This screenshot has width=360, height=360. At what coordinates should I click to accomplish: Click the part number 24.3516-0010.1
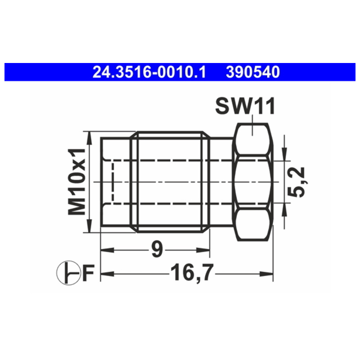(x=149, y=72)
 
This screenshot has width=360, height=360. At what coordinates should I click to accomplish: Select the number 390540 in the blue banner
(x=253, y=72)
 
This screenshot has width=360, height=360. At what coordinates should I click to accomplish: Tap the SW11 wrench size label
(x=245, y=106)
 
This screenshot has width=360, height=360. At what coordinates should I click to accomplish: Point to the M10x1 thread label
(x=76, y=182)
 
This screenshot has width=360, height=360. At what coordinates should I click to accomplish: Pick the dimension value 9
(x=157, y=250)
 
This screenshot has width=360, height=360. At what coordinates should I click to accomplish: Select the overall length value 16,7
(x=192, y=273)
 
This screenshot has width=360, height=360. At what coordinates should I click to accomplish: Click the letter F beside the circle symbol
(x=89, y=273)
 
